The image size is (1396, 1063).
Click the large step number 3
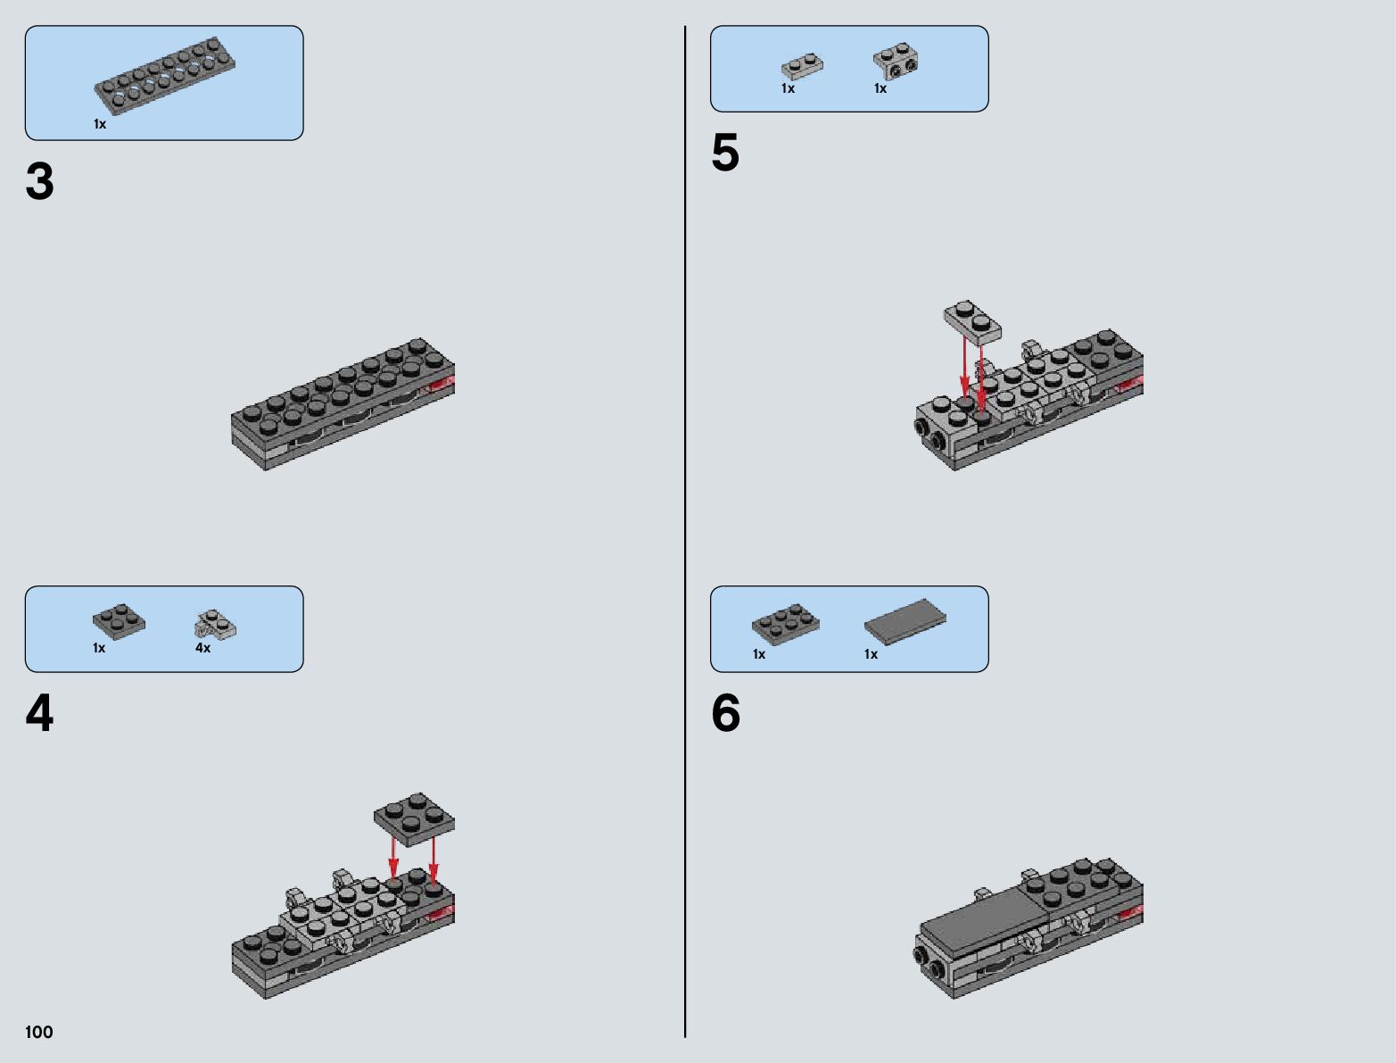click(39, 181)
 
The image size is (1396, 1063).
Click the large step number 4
click(39, 713)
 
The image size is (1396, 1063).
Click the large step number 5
click(726, 153)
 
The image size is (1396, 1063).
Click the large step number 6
click(726, 713)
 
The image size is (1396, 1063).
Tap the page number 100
click(38, 1032)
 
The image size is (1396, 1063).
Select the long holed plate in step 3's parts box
click(165, 75)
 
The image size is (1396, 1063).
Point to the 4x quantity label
click(202, 648)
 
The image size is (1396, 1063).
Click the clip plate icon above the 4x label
click(215, 624)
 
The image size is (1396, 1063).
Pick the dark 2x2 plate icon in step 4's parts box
click(119, 621)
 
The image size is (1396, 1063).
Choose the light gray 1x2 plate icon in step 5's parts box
click(802, 66)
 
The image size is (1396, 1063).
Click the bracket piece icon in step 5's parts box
click(896, 61)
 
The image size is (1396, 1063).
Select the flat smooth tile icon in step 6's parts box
click(905, 621)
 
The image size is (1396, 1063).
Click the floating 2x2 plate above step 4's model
click(414, 819)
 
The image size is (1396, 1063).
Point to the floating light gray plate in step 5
click(972, 323)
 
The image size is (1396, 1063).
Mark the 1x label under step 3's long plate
click(100, 124)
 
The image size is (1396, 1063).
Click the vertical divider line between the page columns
click(685, 531)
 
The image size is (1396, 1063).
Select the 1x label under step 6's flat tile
click(871, 654)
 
